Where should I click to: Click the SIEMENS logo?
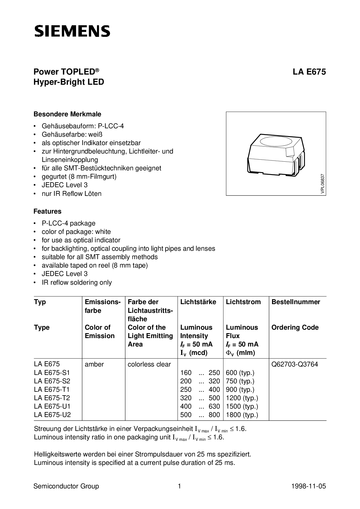click(x=72, y=31)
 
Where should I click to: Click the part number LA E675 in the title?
click(x=309, y=72)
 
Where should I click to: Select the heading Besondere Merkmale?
click(x=67, y=114)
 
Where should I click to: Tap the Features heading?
click(x=47, y=211)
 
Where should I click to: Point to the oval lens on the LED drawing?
click(x=276, y=142)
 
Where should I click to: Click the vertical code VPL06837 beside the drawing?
click(x=323, y=183)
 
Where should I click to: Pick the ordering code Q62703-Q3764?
click(x=295, y=364)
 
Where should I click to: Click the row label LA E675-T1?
click(x=52, y=389)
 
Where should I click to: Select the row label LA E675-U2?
click(x=52, y=415)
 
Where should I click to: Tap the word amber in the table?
click(x=94, y=364)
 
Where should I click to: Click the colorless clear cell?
click(x=149, y=364)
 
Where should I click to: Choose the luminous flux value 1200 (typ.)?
click(x=242, y=398)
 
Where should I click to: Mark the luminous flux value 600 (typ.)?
click(x=240, y=373)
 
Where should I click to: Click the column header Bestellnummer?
click(x=296, y=302)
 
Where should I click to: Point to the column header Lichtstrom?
click(x=243, y=302)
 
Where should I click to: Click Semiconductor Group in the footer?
click(x=66, y=486)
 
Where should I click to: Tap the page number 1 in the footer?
click(x=179, y=486)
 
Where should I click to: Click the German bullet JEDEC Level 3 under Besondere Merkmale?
click(x=64, y=185)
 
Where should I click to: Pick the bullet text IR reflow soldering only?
click(x=77, y=282)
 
